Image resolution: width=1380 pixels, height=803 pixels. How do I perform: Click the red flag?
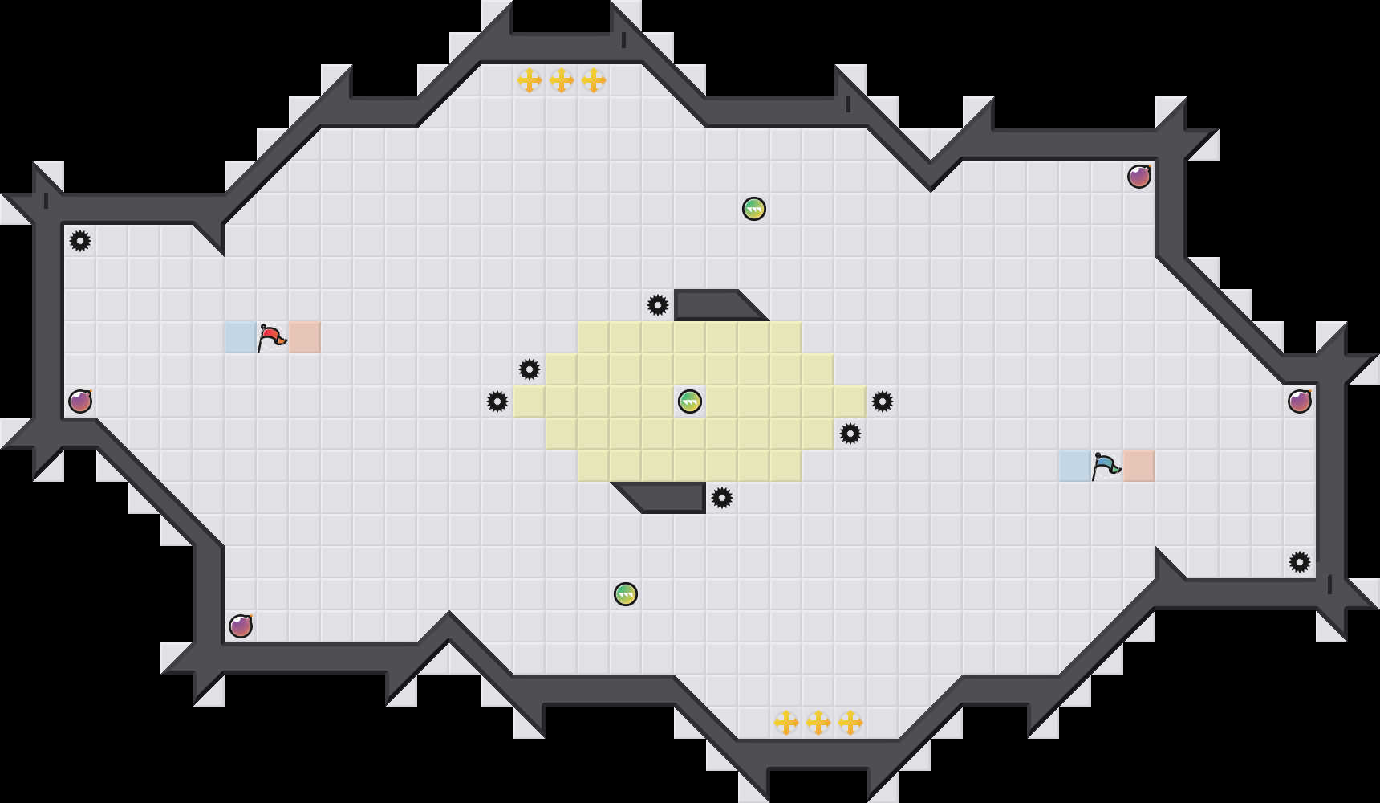pyautogui.click(x=271, y=337)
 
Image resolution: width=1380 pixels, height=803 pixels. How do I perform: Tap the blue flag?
pyautogui.click(x=1106, y=466)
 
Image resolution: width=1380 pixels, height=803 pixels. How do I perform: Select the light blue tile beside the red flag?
pyautogui.click(x=241, y=337)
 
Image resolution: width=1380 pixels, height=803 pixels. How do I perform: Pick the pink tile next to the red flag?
pyautogui.click(x=305, y=337)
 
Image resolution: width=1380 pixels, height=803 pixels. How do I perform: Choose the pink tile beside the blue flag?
pyautogui.click(x=1139, y=466)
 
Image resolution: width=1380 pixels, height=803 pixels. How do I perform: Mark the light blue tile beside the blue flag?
pyautogui.click(x=1075, y=466)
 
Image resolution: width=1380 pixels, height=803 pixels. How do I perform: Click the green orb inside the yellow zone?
pyautogui.click(x=690, y=401)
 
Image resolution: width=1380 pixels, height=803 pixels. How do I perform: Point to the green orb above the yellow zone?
pyautogui.click(x=754, y=209)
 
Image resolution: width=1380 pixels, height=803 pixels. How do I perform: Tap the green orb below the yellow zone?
pyautogui.click(x=626, y=594)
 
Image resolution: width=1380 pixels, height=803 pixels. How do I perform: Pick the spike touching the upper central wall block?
pyautogui.click(x=658, y=305)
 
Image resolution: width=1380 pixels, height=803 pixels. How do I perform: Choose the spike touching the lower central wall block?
pyautogui.click(x=722, y=498)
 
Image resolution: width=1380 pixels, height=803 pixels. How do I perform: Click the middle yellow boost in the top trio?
pyautogui.click(x=562, y=80)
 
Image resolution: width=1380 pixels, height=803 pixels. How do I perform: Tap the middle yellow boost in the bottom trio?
pyautogui.click(x=818, y=723)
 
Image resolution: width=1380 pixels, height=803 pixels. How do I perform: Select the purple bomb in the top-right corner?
pyautogui.click(x=1139, y=177)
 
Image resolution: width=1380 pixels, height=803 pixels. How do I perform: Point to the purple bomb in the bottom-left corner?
pyautogui.click(x=241, y=626)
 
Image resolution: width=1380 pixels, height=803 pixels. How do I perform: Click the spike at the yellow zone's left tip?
pyautogui.click(x=497, y=401)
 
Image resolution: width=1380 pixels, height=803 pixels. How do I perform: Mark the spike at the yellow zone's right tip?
pyautogui.click(x=883, y=401)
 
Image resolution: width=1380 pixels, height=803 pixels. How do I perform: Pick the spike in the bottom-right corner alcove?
pyautogui.click(x=1300, y=562)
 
